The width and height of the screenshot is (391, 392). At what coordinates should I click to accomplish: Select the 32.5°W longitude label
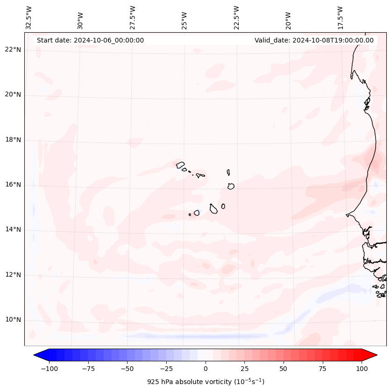tap(29, 17)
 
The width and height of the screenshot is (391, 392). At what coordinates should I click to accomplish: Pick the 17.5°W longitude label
tap(340, 17)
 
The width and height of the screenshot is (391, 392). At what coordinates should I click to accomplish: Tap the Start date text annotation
tap(90, 40)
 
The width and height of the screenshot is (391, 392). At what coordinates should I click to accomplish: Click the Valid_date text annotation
tap(314, 40)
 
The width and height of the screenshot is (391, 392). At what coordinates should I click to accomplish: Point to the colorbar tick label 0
tap(206, 369)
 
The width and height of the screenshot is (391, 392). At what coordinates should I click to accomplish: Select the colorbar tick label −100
tap(49, 369)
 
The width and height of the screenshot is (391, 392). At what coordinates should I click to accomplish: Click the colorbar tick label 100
tap(362, 369)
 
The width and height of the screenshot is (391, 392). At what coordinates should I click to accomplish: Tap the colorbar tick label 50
tap(284, 369)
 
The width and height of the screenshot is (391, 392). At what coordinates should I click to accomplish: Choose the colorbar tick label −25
tap(166, 369)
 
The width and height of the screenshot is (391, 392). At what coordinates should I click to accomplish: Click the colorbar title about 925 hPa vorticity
tap(206, 382)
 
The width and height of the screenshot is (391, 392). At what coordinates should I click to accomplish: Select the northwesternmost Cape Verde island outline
tap(180, 164)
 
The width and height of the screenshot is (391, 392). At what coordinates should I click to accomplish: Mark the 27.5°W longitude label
tap(133, 17)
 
